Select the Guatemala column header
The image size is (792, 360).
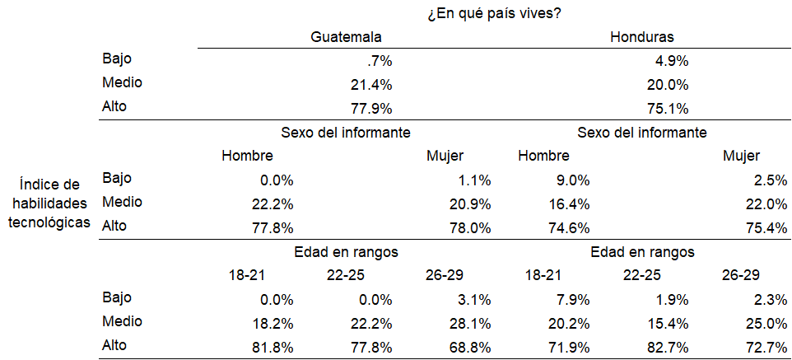point(346,37)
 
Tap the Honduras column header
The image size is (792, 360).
point(643,37)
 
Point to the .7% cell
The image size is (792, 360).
point(380,61)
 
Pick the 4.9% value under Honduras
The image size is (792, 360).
point(672,61)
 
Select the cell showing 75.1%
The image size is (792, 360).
point(669,108)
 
